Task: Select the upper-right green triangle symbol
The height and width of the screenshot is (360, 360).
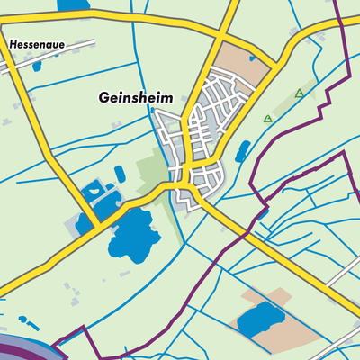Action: pos(300,94)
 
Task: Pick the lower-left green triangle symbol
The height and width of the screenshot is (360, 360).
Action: pos(267,119)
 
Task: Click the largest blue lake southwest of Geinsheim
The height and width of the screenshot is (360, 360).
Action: pos(133,237)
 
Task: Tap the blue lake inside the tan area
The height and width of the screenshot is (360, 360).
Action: pos(259,317)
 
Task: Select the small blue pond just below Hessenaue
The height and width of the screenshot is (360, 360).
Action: pos(38,66)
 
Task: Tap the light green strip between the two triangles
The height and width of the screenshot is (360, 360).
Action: pos(283,106)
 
